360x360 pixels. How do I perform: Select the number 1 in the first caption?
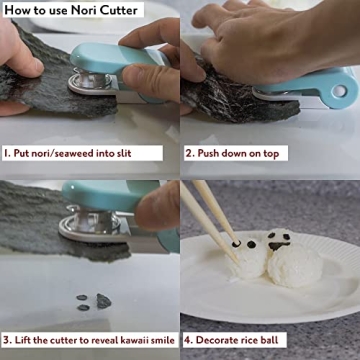(7, 154)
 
